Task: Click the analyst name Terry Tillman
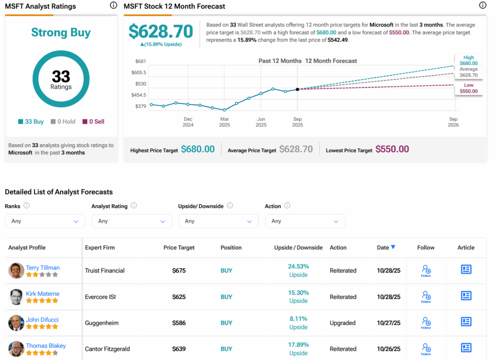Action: [x=43, y=267]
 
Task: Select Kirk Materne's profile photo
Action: [x=16, y=297]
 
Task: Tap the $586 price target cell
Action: [x=179, y=323]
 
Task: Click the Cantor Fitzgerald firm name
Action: [x=107, y=349]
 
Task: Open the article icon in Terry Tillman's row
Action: [x=466, y=270]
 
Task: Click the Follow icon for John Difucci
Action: [x=426, y=322]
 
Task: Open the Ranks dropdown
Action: [x=44, y=221]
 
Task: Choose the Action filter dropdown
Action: [x=305, y=221]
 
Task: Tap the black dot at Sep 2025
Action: [x=297, y=89]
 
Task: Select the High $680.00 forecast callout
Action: [x=468, y=60]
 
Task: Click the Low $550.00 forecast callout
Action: [x=468, y=88]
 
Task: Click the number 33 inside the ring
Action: [x=61, y=77]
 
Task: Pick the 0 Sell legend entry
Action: [x=93, y=122]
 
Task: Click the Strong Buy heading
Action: [x=61, y=33]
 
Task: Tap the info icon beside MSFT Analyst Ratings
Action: [x=113, y=5]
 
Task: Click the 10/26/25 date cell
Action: [x=389, y=349]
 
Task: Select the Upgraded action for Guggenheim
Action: [x=343, y=323]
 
